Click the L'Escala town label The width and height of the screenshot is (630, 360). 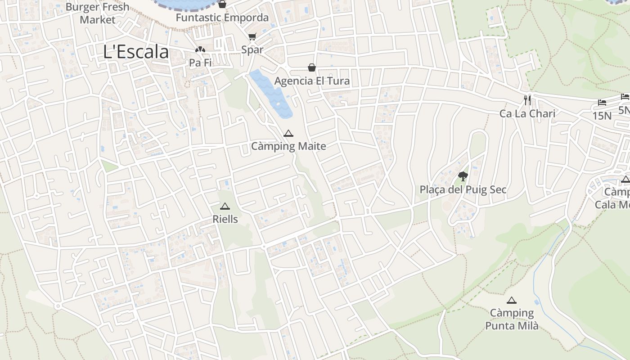(136, 52)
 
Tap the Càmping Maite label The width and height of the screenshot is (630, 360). (288, 146)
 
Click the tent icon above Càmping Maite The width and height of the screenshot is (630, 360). (288, 133)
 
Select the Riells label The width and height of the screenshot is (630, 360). (225, 219)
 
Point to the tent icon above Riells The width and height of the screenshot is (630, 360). (225, 207)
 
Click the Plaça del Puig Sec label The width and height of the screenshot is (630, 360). (463, 190)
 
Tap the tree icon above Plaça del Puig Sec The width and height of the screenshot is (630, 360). (463, 176)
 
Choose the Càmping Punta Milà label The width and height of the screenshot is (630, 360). (512, 319)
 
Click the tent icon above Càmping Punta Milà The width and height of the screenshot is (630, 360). (511, 300)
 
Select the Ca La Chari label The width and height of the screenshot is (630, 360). (527, 114)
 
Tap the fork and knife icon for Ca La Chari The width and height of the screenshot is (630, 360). (527, 100)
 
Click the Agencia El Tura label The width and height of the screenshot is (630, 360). (312, 81)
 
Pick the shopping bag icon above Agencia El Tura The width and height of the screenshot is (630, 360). (311, 67)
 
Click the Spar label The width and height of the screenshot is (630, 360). (252, 50)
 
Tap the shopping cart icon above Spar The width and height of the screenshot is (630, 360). (252, 37)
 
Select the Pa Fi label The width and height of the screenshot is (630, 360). (200, 63)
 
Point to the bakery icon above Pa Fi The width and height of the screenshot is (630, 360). (200, 49)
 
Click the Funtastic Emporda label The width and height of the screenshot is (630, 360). (222, 18)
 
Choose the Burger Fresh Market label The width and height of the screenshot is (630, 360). (98, 13)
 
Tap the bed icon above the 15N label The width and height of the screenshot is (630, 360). (602, 103)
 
